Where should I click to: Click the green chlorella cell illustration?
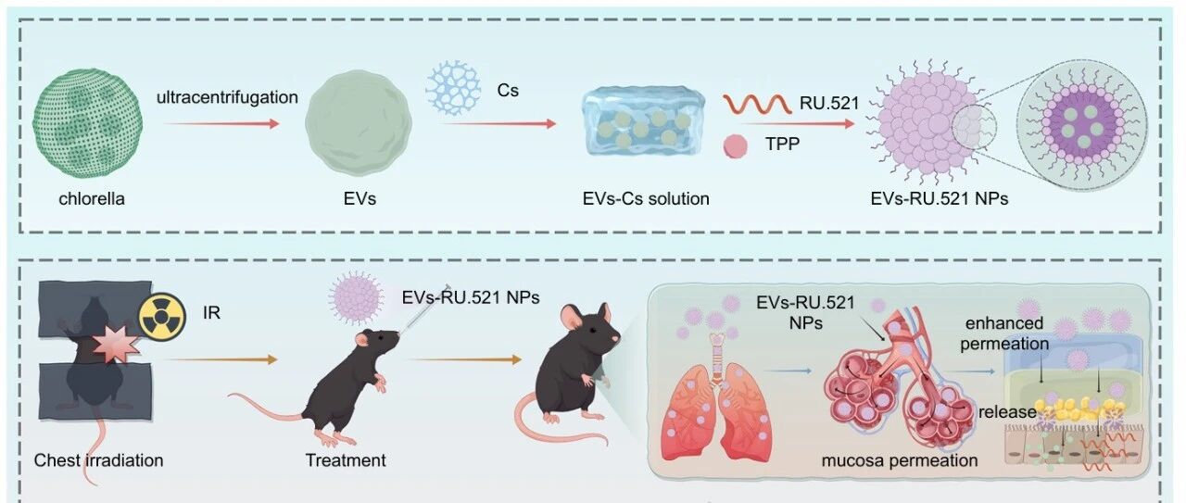(87, 123)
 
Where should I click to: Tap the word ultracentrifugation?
(227, 97)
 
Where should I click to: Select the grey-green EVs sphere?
(359, 123)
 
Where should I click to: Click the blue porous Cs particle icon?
(453, 87)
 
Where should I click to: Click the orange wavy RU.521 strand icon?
(758, 104)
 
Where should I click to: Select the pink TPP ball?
(736, 146)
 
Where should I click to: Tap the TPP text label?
(782, 144)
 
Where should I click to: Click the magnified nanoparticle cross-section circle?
(1082, 125)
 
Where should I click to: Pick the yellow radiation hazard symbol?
(162, 316)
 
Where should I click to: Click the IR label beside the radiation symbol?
(211, 313)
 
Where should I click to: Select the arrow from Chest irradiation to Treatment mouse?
(221, 359)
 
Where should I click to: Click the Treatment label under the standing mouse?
(346, 460)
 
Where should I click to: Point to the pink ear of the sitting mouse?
(573, 317)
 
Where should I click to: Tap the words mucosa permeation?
(900, 460)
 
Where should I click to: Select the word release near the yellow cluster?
(1007, 412)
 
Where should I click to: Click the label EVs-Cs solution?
(646, 198)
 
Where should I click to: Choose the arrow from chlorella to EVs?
(221, 124)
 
